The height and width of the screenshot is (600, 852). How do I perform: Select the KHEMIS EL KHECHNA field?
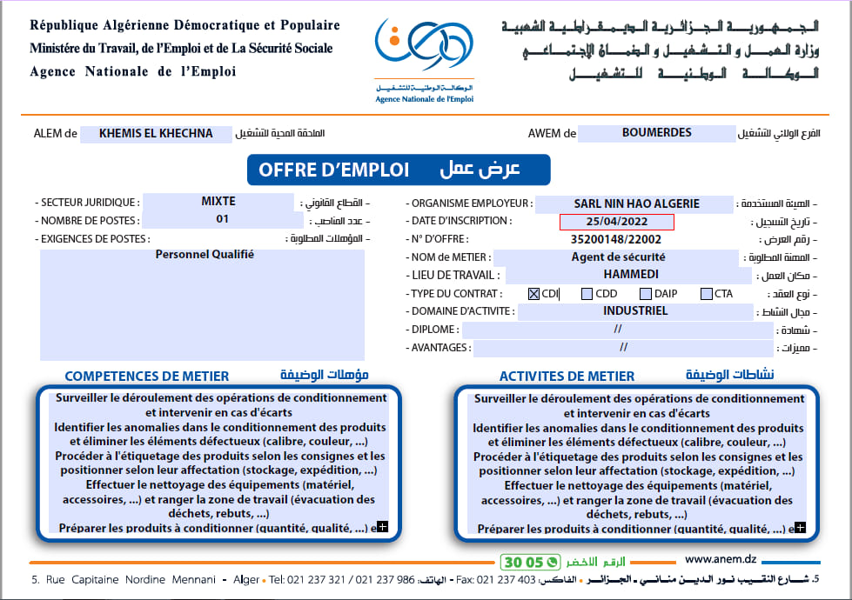coord(157,134)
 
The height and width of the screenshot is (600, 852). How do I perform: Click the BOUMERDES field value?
coord(657,133)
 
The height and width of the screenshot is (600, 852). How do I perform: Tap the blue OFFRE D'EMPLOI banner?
coord(398,170)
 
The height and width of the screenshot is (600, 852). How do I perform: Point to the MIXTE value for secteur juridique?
coord(218,202)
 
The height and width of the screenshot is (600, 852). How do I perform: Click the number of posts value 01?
coord(223,219)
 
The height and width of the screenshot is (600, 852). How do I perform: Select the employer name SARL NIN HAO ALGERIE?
coord(636,204)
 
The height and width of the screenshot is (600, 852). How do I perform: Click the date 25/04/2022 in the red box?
coord(617,222)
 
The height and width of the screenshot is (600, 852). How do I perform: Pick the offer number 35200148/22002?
coord(616,239)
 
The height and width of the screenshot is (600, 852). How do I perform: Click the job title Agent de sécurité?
coord(618,257)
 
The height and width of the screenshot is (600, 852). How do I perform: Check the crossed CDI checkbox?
coord(534,294)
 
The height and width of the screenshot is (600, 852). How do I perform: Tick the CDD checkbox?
coord(587,294)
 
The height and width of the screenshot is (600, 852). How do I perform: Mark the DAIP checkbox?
coord(646,294)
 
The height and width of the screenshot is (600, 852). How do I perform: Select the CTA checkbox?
coord(707,294)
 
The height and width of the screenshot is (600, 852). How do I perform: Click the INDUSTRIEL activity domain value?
coord(635,311)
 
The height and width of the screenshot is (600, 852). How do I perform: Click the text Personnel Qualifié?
coord(205,255)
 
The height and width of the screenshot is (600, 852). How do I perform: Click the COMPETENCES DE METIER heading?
coord(147,377)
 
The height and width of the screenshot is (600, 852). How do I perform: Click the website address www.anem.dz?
coord(721,560)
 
